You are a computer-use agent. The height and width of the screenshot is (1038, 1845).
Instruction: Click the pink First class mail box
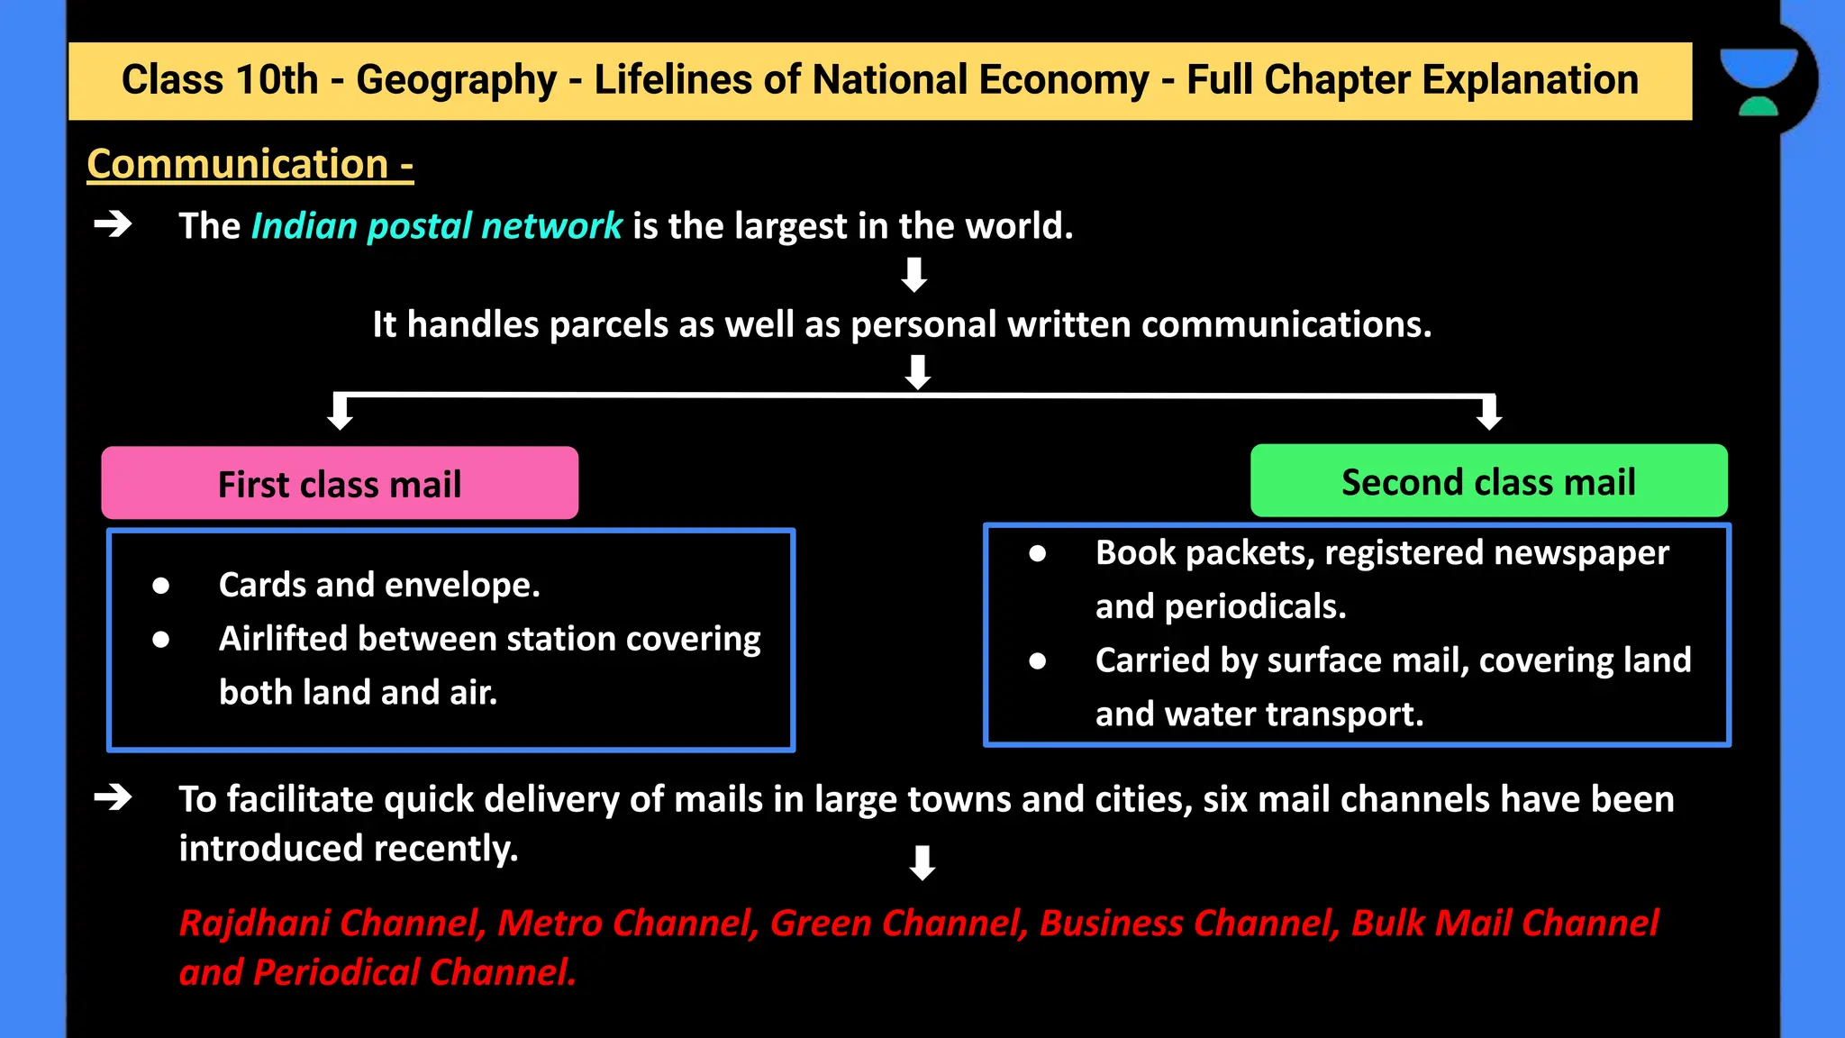click(x=340, y=483)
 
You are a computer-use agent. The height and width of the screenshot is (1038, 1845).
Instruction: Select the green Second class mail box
click(x=1488, y=481)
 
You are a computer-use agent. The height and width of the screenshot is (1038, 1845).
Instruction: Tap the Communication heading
click(x=250, y=165)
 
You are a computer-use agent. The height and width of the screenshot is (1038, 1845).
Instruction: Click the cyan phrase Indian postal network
click(x=436, y=226)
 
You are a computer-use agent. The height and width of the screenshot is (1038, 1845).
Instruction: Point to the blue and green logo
click(x=1758, y=81)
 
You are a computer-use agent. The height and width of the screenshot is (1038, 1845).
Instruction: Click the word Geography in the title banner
click(x=456, y=80)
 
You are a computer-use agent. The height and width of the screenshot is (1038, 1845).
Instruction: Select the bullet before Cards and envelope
click(x=161, y=587)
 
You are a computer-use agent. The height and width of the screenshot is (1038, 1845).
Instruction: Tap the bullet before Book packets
click(x=1038, y=553)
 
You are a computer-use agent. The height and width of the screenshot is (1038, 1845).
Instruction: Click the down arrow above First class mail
click(x=340, y=412)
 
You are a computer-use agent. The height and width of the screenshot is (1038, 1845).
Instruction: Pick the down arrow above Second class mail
click(x=1489, y=412)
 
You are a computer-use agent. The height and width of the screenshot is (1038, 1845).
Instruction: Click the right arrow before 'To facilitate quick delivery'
click(x=114, y=797)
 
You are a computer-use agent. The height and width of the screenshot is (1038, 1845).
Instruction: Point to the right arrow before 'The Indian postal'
click(x=114, y=223)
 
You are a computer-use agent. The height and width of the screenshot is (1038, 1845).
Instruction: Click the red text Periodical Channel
click(x=414, y=972)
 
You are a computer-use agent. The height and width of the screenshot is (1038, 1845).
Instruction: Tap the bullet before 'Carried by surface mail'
click(x=1038, y=661)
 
